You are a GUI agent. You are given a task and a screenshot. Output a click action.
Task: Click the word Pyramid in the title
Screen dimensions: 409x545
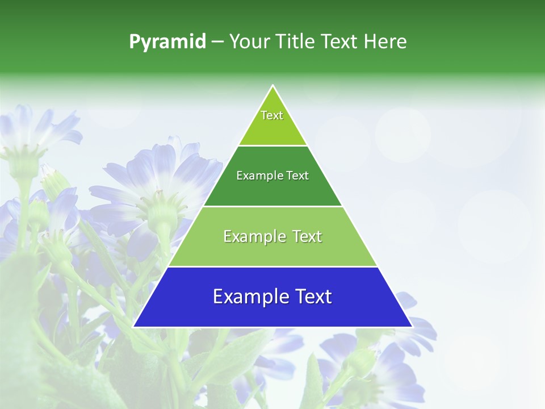pos(167,42)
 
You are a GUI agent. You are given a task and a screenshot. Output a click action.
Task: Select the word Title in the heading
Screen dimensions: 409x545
pos(296,42)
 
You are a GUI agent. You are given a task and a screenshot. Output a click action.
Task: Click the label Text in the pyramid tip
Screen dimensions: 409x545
pos(272,115)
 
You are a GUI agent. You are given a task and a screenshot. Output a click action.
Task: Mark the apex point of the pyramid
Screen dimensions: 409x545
pos(273,86)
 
